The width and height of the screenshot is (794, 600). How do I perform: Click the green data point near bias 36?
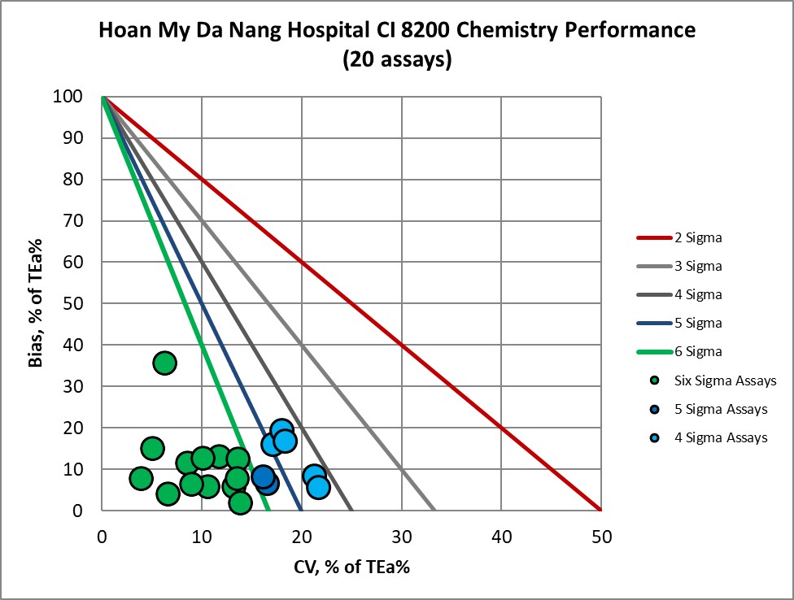(x=164, y=363)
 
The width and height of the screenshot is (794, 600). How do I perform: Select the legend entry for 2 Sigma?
(x=698, y=238)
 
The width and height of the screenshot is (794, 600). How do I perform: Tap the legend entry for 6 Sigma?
(x=698, y=351)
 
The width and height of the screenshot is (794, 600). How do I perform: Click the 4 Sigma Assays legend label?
(x=721, y=437)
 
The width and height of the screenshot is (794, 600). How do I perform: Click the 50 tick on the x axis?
(x=600, y=537)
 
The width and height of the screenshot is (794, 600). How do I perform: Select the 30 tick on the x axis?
(x=401, y=537)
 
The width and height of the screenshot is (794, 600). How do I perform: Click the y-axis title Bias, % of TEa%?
(x=37, y=304)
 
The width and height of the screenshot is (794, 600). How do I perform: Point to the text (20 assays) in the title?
(x=396, y=60)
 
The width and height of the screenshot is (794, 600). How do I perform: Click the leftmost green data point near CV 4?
(x=141, y=478)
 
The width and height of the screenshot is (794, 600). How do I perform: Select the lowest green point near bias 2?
(x=240, y=502)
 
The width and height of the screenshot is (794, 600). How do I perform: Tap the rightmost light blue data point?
(x=318, y=487)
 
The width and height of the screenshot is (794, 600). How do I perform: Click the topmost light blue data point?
(x=281, y=430)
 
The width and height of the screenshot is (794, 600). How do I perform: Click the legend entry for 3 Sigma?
(x=698, y=267)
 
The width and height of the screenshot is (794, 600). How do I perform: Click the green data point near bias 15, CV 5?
(x=152, y=448)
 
